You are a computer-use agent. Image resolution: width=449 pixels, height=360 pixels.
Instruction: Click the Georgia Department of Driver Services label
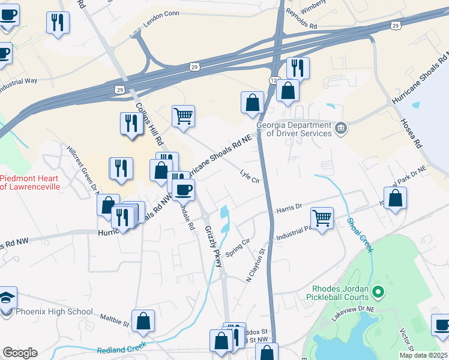(x=294, y=129)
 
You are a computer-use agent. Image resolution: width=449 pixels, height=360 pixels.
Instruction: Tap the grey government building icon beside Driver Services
(x=340, y=127)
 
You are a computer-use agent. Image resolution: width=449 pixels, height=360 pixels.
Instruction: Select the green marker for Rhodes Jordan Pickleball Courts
(x=378, y=292)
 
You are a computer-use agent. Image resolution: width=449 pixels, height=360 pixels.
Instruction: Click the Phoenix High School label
(x=54, y=311)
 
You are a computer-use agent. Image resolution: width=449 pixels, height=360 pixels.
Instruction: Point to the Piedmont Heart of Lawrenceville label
(x=38, y=182)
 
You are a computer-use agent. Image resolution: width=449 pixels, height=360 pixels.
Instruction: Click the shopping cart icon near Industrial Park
(x=322, y=218)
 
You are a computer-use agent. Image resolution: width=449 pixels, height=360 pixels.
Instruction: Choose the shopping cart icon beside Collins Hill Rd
(x=183, y=115)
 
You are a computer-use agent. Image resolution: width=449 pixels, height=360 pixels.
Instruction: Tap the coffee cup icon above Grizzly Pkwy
(x=183, y=189)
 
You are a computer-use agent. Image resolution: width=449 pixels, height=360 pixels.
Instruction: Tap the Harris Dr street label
(x=289, y=209)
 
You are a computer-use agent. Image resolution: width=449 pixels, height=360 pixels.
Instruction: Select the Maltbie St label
(x=115, y=320)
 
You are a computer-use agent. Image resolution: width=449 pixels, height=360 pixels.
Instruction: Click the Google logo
(x=20, y=353)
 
